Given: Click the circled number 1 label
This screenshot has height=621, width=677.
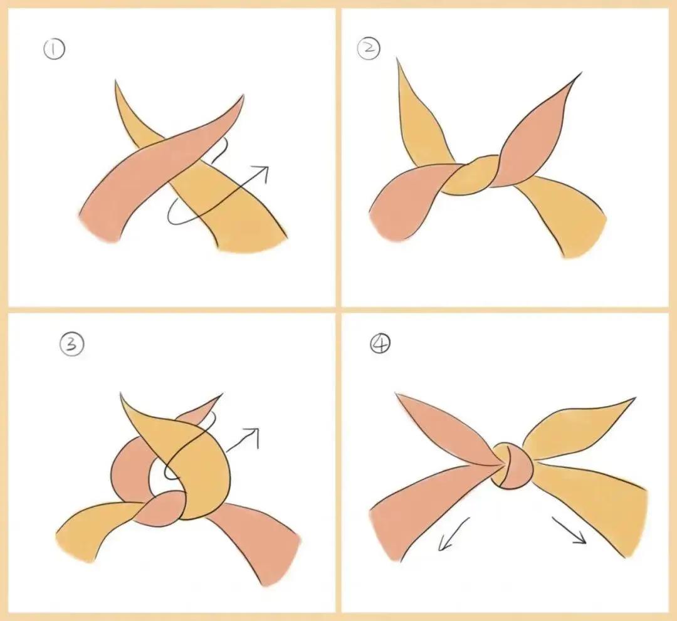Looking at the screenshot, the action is tap(54, 49).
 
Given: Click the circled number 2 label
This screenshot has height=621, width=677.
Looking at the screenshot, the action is tap(369, 48).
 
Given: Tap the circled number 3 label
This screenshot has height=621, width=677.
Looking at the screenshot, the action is tap(72, 345).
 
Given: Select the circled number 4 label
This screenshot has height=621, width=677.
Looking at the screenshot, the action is tap(380, 344).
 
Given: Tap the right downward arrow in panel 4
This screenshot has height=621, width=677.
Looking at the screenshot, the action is tap(569, 530).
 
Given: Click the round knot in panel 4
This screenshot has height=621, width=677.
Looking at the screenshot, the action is tap(512, 466).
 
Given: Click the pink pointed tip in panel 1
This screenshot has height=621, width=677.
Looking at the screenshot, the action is tap(242, 97).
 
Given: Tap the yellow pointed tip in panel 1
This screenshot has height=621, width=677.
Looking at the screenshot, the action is tap(116, 82).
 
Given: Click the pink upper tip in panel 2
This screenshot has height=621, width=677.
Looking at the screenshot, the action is tap(579, 75).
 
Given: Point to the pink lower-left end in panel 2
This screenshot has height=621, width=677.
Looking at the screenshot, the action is tap(389, 224).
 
